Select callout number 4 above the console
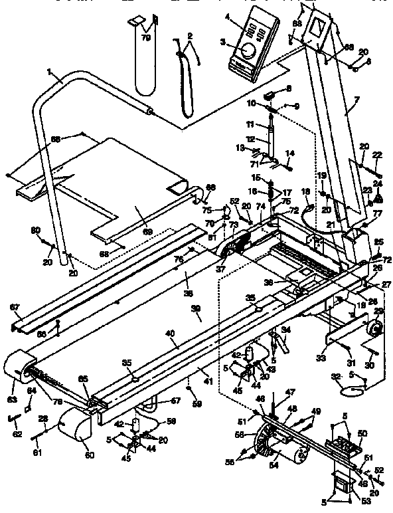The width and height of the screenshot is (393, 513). [x=227, y=17]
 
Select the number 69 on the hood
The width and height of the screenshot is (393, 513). [x=147, y=231]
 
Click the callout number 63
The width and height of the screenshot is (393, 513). [x=12, y=400]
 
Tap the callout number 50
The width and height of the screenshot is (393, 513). [x=362, y=433]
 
